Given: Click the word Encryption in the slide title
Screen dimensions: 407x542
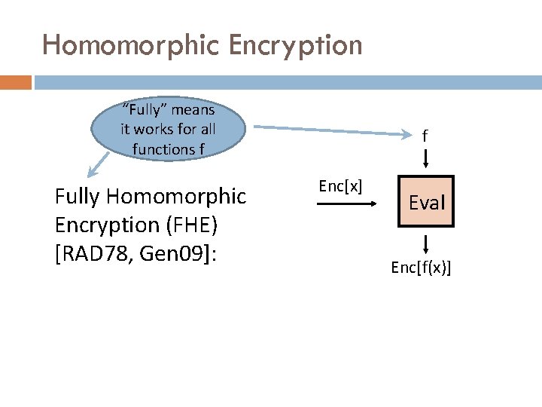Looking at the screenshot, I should tap(297, 45).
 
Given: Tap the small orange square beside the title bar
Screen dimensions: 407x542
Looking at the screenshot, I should tap(15, 81).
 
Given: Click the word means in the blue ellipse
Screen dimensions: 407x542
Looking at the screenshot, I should tap(194, 110).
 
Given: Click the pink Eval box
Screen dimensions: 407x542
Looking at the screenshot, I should tap(427, 202).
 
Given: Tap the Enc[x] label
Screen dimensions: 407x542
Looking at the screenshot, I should tap(340, 186).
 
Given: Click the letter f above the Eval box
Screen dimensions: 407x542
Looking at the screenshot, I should tap(425, 136).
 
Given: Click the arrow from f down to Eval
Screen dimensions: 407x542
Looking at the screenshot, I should tap(425, 159).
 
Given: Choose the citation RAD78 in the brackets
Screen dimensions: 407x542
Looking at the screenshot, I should tap(93, 254).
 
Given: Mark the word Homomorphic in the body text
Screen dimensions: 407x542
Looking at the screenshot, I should tap(178, 197).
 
